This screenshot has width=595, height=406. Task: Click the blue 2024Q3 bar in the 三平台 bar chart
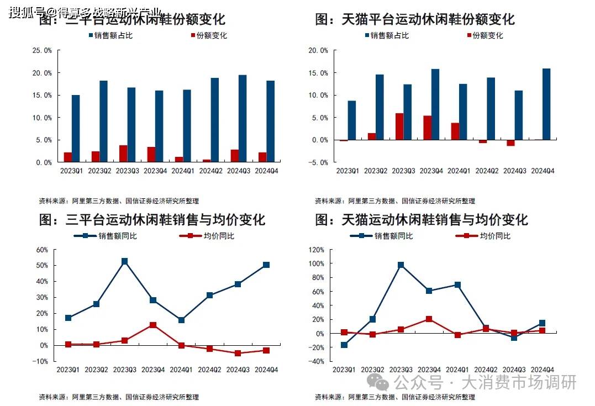coord(242,119)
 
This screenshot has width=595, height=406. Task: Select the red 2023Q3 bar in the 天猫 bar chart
coord(399,126)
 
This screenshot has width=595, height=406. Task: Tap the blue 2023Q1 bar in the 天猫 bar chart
coord(352,120)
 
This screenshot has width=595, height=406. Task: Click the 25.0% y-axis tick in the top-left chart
coord(43,50)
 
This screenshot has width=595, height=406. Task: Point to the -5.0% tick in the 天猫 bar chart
coord(319,162)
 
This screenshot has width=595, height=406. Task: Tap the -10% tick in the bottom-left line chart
coord(42,361)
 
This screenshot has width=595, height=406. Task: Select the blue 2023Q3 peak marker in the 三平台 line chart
coord(125,261)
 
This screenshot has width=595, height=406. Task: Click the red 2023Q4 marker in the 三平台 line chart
coord(152,325)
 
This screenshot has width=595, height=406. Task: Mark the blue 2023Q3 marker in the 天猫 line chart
coord(401,265)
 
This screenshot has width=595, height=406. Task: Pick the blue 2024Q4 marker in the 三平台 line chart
coord(266,265)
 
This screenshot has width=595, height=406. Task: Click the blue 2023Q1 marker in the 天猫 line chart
coord(344,345)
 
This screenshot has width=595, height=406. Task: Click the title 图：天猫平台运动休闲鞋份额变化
coord(414,19)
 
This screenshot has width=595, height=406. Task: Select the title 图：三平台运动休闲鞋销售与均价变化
coord(152,220)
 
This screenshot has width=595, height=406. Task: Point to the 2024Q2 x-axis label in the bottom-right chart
coord(486,370)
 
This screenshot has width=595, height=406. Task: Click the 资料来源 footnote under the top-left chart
coord(118,201)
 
